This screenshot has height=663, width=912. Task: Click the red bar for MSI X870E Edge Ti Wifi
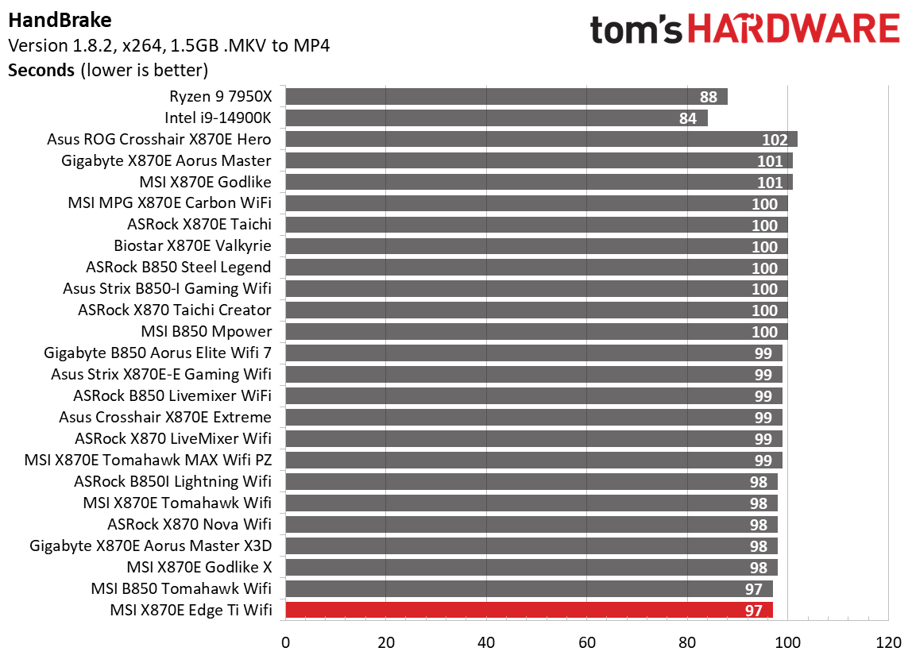click(528, 610)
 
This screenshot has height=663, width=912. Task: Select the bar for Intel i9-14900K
click(496, 118)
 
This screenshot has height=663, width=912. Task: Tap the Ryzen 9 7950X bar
click(506, 97)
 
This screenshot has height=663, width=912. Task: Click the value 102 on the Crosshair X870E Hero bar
click(774, 140)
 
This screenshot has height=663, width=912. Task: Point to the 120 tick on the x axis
click(888, 641)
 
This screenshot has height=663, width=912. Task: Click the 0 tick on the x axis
click(285, 641)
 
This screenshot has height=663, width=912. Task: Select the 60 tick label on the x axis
click(587, 641)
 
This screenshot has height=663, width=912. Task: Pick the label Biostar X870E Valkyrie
click(192, 246)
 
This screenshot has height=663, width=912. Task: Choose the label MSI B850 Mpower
click(205, 331)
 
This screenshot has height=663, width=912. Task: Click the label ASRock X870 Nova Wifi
click(189, 524)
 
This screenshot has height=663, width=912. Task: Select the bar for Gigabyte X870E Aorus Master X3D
click(531, 545)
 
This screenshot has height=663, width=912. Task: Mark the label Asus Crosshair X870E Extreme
click(164, 417)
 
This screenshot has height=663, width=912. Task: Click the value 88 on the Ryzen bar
click(709, 97)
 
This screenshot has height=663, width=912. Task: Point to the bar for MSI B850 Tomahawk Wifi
click(528, 588)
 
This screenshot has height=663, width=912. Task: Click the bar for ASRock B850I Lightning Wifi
click(531, 481)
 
